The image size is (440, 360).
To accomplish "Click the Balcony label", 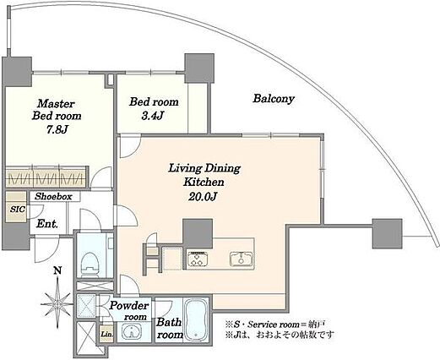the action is click(274, 99).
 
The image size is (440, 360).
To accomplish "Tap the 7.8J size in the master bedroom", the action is click(57, 129).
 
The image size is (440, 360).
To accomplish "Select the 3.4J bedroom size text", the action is click(153, 116).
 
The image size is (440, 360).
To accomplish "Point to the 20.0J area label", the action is click(202, 196).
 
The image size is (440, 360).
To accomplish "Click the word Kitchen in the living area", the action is click(204, 182).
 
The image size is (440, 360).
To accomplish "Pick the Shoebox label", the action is click(53, 196).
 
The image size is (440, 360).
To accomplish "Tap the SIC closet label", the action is click(18, 210).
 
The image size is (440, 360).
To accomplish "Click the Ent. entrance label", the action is click(47, 224).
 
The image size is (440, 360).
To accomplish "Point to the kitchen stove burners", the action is click(198, 259).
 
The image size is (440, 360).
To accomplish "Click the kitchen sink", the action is click(241, 259).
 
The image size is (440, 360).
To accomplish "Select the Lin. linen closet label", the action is click(107, 335).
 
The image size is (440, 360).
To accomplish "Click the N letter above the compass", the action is click(57, 271).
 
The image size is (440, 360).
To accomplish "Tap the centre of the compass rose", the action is click(57, 304).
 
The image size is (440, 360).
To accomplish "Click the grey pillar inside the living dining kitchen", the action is click(198, 233).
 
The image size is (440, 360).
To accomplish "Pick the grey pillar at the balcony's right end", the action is click(387, 233).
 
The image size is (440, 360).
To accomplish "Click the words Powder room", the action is click(129, 311).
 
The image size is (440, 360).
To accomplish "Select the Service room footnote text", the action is click(276, 325).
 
